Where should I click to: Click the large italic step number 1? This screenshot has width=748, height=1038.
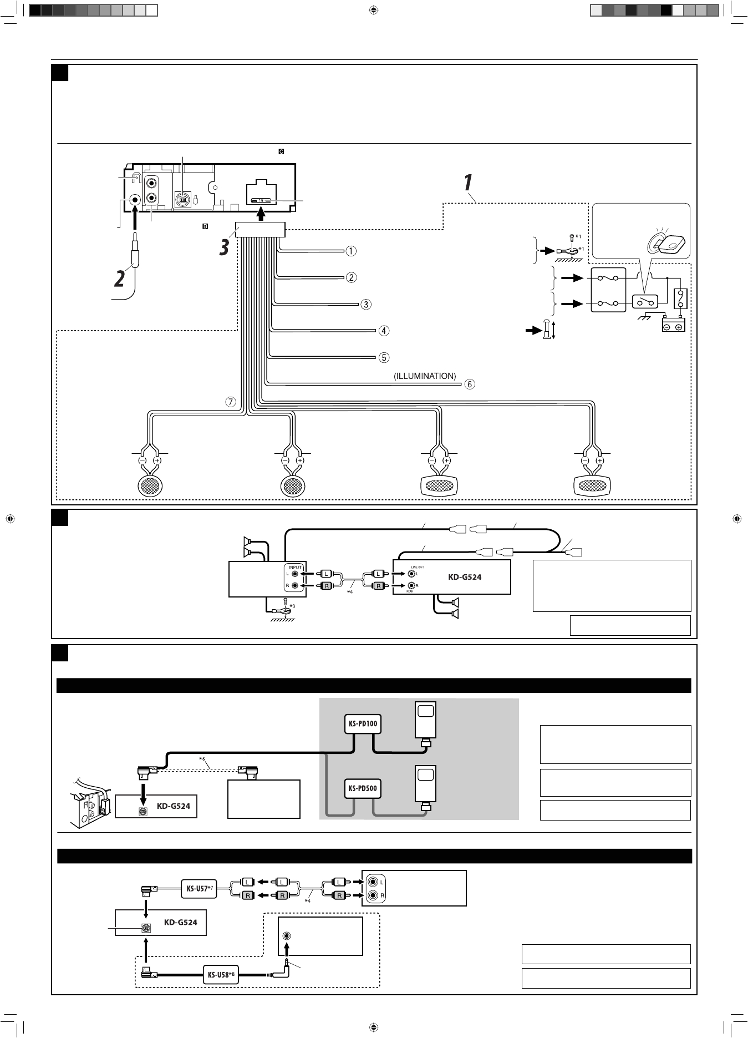(x=467, y=183)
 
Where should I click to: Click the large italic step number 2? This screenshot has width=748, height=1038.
(x=119, y=278)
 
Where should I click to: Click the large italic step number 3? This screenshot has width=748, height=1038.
(x=223, y=247)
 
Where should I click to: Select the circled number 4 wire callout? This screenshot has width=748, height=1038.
(x=384, y=331)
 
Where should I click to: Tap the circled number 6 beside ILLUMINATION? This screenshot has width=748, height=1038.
(x=470, y=384)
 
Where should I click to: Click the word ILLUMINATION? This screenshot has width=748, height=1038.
(x=425, y=376)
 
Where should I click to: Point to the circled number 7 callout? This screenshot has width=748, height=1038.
(x=231, y=402)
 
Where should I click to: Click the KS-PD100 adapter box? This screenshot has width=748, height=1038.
(x=363, y=723)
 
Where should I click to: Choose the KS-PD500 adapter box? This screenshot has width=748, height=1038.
(x=363, y=788)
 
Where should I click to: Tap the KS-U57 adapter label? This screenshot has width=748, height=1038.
(x=197, y=888)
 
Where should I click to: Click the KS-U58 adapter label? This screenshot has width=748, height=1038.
(x=220, y=975)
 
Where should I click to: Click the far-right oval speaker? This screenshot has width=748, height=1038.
(x=592, y=486)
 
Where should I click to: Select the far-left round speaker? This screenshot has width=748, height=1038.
(x=150, y=486)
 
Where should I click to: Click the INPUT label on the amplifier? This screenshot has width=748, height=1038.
(x=295, y=567)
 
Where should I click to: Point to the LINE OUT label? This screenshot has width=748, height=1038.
(x=418, y=567)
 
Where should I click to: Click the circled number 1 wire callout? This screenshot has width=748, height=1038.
(x=351, y=251)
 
